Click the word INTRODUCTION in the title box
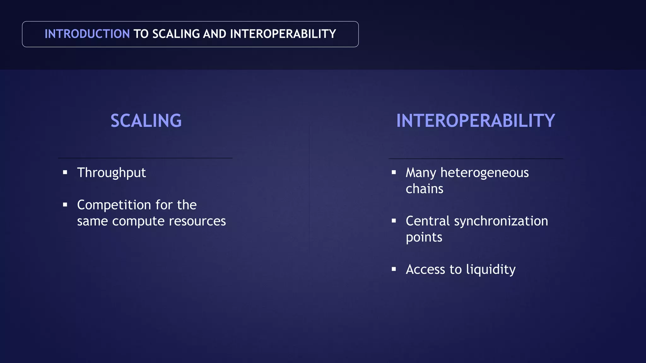click(87, 34)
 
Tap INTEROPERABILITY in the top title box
click(283, 34)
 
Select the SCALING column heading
click(146, 121)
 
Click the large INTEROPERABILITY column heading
click(475, 121)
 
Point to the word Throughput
click(111, 173)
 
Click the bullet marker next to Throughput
click(65, 172)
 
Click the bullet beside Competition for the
click(65, 205)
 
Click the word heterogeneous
click(484, 173)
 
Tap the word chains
click(424, 189)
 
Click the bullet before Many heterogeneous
click(394, 172)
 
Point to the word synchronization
click(501, 221)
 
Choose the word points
click(424, 238)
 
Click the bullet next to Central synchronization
click(394, 221)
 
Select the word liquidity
click(490, 270)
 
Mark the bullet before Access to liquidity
click(394, 269)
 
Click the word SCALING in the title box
click(176, 34)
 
